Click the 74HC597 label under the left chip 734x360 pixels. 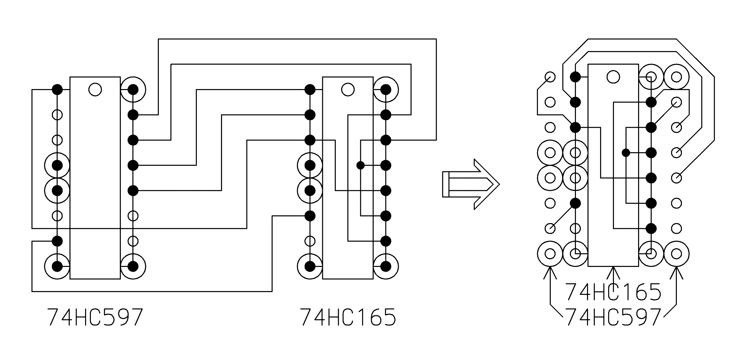[95, 317]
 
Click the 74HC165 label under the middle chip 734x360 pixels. [348, 317]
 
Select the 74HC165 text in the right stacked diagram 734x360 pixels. [613, 292]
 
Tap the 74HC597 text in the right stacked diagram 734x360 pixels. [613, 317]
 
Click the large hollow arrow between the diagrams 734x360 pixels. [471, 184]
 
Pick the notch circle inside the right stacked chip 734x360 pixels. [613, 77]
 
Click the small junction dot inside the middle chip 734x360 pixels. [360, 165]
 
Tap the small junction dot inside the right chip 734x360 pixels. [626, 153]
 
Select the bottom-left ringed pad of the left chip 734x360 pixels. [57, 267]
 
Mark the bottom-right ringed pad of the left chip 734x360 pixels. [133, 267]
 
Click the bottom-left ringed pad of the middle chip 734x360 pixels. [310, 267]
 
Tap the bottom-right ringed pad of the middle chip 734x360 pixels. [386, 267]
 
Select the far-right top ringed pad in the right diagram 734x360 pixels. [676, 77]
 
